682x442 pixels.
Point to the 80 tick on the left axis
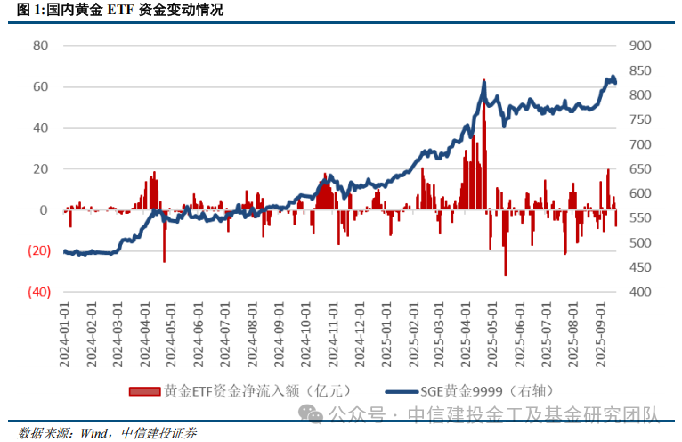[39, 45]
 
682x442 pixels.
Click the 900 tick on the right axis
[640, 45]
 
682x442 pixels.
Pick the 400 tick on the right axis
[640, 292]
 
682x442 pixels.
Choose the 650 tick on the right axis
[640, 168]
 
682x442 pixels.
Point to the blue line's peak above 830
[612, 78]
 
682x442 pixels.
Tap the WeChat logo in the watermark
[312, 413]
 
